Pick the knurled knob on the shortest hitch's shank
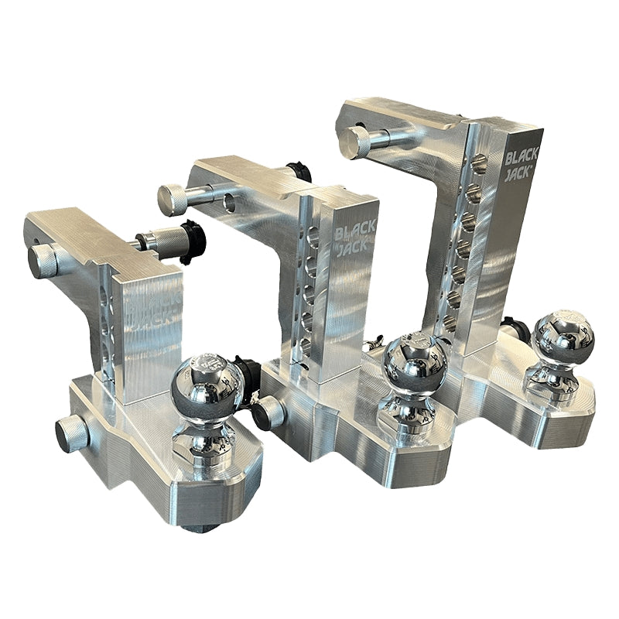click(x=43, y=262)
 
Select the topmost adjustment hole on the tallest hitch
click(x=478, y=162)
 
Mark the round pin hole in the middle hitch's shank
click(x=230, y=203)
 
